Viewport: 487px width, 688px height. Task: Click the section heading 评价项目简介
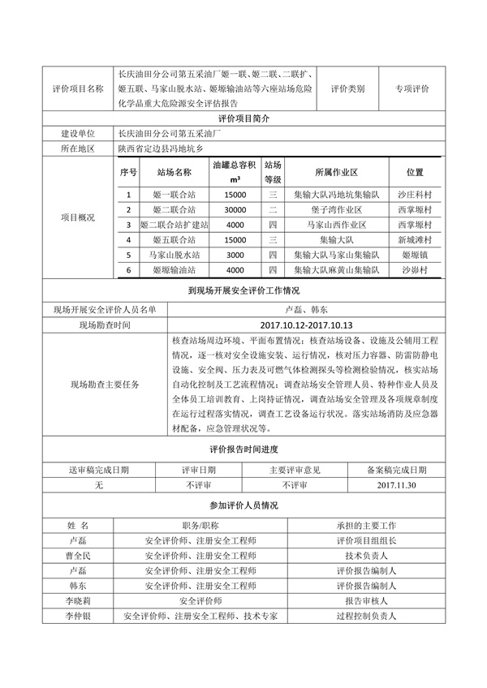tap(243, 118)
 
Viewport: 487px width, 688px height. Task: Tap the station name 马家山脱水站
tap(175, 254)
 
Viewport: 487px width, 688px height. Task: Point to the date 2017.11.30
tap(397, 484)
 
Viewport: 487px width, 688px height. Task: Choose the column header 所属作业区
tap(331, 173)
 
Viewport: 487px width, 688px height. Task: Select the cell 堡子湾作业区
tap(331, 209)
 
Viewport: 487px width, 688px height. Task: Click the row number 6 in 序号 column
tap(128, 269)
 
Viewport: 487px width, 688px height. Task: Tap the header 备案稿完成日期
tap(397, 470)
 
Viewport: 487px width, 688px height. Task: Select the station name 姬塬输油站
tap(175, 269)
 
